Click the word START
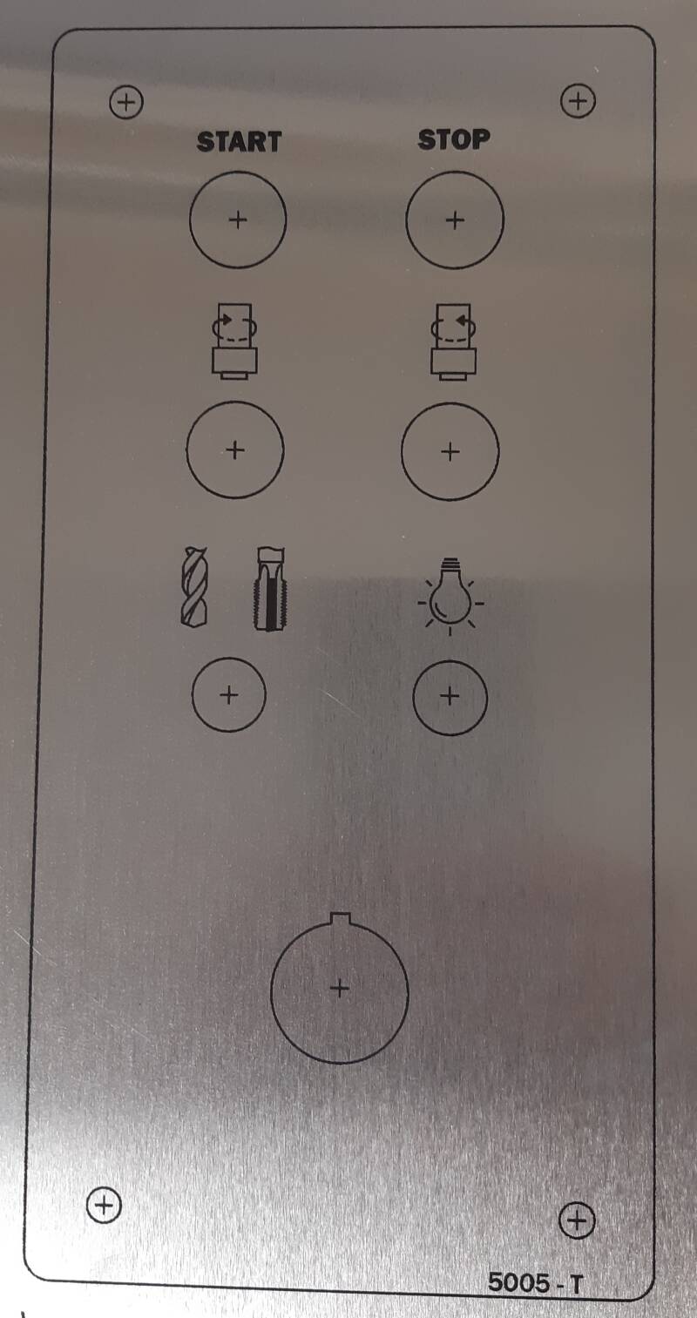pos(239,142)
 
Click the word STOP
pos(454,139)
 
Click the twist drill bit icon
pos(194,586)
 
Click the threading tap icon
pos(270,588)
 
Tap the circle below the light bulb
pos(450,660)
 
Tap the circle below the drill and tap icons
pos(229,658)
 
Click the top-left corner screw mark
pos(126,103)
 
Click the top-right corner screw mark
pos(579,101)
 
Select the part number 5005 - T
pos(536,1282)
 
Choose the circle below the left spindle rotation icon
pos(235,402)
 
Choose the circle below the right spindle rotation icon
pos(450,403)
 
